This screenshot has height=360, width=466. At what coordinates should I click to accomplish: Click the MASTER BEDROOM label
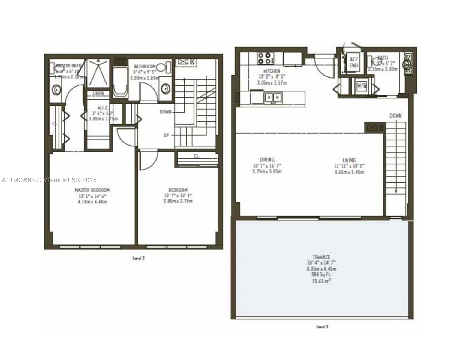click(92, 190)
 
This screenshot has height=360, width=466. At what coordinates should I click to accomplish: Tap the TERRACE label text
click(321, 257)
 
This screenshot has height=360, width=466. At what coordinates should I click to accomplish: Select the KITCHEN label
click(272, 71)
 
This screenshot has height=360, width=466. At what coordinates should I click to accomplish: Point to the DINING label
click(267, 160)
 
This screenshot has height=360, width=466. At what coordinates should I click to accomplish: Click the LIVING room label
click(349, 160)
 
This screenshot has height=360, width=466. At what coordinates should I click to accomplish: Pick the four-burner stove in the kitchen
click(265, 58)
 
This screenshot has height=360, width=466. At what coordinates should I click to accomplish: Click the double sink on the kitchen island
click(273, 97)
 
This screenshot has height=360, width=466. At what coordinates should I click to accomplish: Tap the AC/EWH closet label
click(353, 62)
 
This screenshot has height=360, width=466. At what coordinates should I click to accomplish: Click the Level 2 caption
click(139, 258)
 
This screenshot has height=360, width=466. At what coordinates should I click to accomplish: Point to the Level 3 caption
click(322, 327)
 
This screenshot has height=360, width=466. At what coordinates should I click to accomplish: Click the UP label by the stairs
click(167, 135)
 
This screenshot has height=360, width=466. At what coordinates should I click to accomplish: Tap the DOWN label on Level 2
click(165, 112)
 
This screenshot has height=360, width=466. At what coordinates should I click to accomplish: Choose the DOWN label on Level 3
click(395, 115)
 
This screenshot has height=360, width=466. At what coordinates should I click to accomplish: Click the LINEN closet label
click(98, 93)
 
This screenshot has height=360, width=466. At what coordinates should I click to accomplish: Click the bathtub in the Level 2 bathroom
click(120, 82)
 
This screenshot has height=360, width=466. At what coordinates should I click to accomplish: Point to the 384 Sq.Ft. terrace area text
click(321, 274)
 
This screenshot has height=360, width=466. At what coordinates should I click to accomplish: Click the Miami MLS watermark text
click(49, 180)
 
